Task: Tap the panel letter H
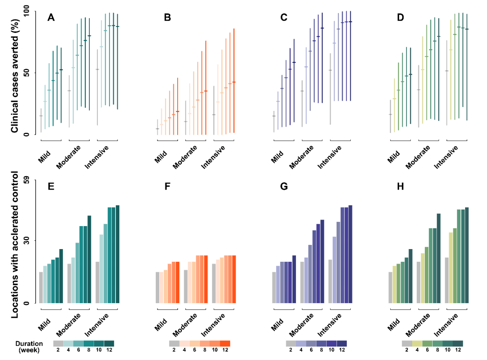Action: [401, 187]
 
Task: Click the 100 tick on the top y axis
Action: [30, 11]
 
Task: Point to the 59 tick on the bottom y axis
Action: [30, 180]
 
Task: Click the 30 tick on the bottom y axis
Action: [30, 241]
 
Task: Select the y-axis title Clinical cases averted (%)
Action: [15, 73]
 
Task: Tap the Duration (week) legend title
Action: [29, 346]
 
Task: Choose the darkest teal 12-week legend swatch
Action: [109, 343]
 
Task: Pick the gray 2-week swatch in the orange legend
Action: [174, 343]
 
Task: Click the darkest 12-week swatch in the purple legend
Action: [342, 343]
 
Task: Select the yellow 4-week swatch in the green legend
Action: [417, 343]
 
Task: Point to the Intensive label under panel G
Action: [330, 326]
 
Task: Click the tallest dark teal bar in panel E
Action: [117, 254]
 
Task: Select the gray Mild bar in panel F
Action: [157, 287]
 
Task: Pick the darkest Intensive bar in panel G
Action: [350, 254]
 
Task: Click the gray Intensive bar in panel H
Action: [447, 280]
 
